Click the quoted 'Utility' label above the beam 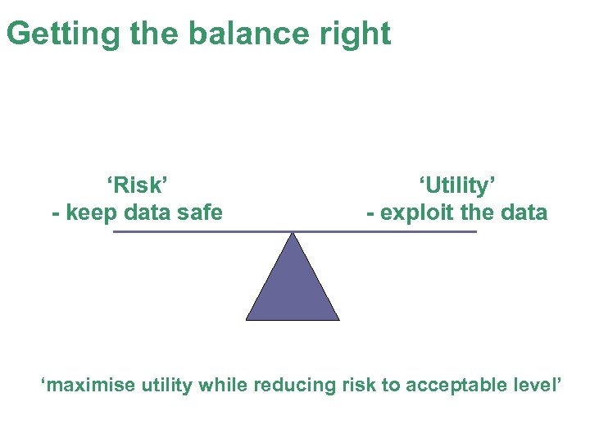[457, 185]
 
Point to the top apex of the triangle [293, 235]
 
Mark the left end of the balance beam [115, 232]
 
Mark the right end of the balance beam [475, 232]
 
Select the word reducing [294, 385]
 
